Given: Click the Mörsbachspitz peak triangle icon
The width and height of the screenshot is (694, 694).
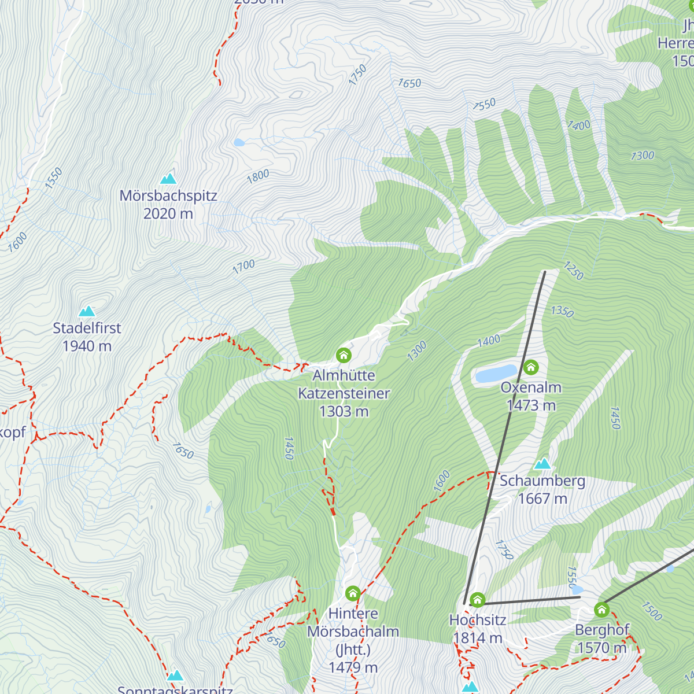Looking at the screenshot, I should pyautogui.click(x=168, y=178).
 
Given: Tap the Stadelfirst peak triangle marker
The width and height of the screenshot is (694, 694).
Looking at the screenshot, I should pyautogui.click(x=87, y=311).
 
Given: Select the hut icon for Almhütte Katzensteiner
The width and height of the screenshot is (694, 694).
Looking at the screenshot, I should pyautogui.click(x=344, y=355).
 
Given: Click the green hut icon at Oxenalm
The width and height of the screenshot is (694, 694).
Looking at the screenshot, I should pyautogui.click(x=531, y=367).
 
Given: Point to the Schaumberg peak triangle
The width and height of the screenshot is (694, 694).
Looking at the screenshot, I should pyautogui.click(x=542, y=464).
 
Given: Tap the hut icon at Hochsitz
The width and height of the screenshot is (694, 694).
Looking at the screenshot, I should pyautogui.click(x=477, y=599).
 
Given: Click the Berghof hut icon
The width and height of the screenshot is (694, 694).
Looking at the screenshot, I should pyautogui.click(x=601, y=609).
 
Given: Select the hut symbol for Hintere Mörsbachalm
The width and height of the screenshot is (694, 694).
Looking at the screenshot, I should pyautogui.click(x=353, y=593).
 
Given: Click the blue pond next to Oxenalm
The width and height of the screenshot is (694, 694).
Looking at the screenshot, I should pyautogui.click(x=496, y=374).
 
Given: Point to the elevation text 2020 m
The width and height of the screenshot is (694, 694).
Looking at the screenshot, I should pyautogui.click(x=168, y=213).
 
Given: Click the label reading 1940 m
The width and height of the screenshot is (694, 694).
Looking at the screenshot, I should pyautogui.click(x=87, y=346).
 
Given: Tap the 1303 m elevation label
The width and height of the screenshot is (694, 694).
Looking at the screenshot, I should pyautogui.click(x=344, y=411).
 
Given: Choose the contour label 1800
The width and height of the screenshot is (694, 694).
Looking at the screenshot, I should pyautogui.click(x=258, y=176).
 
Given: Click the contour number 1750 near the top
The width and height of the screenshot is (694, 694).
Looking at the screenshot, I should pyautogui.click(x=357, y=75).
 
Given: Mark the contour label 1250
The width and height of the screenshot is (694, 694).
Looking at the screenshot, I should pyautogui.click(x=573, y=270).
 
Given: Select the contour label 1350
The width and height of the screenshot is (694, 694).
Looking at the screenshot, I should pyautogui.click(x=562, y=312).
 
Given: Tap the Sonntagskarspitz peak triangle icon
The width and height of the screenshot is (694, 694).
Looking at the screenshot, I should pyautogui.click(x=175, y=675).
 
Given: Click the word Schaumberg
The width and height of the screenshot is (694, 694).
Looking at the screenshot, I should pyautogui.click(x=542, y=481).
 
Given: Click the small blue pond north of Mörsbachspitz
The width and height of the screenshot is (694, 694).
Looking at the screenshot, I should pyautogui.click(x=239, y=142).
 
